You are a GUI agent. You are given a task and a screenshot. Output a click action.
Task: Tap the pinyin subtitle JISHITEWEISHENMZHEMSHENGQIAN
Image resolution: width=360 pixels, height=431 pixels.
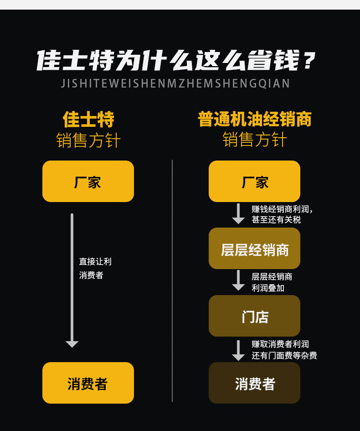pyautogui.click(x=175, y=83)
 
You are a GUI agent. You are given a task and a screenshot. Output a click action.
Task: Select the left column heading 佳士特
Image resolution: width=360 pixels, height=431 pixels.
pyautogui.click(x=88, y=119)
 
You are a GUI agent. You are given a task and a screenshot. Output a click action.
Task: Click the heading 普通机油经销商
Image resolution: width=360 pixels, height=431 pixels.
pyautogui.click(x=255, y=119)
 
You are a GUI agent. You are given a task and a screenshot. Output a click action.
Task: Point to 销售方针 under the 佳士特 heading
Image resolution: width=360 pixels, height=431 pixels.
pyautogui.click(x=88, y=140)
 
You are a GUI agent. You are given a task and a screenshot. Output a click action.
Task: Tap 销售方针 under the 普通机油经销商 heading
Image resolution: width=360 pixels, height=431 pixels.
pyautogui.click(x=255, y=140)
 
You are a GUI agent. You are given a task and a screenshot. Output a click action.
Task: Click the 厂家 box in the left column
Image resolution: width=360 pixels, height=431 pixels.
pyautogui.click(x=88, y=182)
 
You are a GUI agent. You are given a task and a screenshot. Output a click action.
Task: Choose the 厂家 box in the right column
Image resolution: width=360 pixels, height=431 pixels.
pyautogui.click(x=254, y=182)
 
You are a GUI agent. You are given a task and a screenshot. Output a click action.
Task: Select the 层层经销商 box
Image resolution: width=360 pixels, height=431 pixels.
pyautogui.click(x=254, y=248)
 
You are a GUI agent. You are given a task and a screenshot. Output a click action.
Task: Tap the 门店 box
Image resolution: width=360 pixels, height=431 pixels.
pyautogui.click(x=254, y=316)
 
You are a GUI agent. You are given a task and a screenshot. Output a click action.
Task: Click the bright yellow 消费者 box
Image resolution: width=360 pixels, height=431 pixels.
pyautogui.click(x=88, y=383)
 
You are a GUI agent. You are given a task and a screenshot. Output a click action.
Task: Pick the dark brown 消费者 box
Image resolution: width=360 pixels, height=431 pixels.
pyautogui.click(x=254, y=383)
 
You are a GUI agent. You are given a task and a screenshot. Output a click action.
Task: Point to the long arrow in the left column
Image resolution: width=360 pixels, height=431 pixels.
pyautogui.click(x=72, y=280)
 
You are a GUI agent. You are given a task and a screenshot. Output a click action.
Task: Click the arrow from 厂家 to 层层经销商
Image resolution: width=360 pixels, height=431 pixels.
pyautogui.click(x=238, y=213)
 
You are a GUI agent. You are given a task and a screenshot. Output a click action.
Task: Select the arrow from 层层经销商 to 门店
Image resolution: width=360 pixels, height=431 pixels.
pyautogui.click(x=238, y=280)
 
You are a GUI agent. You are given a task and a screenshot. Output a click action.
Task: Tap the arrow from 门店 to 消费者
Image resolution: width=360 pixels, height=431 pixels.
pyautogui.click(x=238, y=350)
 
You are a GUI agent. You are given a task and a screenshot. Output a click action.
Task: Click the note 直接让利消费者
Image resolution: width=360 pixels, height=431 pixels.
pyautogui.click(x=95, y=268)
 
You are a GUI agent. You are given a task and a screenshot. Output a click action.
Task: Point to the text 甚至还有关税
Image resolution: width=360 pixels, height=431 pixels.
pyautogui.click(x=276, y=220)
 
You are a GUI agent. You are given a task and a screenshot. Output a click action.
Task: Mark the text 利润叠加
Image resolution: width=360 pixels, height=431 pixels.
pyautogui.click(x=268, y=288)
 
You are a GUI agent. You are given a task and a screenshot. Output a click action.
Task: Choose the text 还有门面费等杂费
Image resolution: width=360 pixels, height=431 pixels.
pyautogui.click(x=284, y=355)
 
